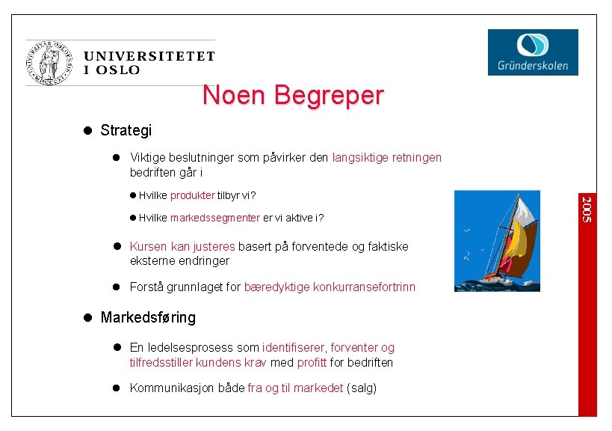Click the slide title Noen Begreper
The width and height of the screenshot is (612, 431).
pos(292,96)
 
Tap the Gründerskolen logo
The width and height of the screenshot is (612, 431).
pos(533,52)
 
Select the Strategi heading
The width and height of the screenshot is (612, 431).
pos(126,130)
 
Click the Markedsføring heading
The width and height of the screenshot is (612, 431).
pos(148,317)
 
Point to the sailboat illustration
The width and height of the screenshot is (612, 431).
pos(497,241)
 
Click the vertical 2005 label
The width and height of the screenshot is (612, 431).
pos(587,209)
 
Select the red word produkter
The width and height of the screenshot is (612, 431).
pos(193,196)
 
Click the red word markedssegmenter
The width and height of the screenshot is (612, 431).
pos(215,218)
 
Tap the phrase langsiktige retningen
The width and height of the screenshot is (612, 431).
pos(387,158)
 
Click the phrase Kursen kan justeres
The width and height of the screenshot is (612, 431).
pos(182,246)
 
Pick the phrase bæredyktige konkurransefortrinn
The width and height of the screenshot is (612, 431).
pos(330,287)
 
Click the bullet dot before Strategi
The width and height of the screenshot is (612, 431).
pos(87,130)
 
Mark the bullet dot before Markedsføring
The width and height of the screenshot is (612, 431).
pos(87,317)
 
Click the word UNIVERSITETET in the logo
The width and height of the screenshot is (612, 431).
pos(149,56)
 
